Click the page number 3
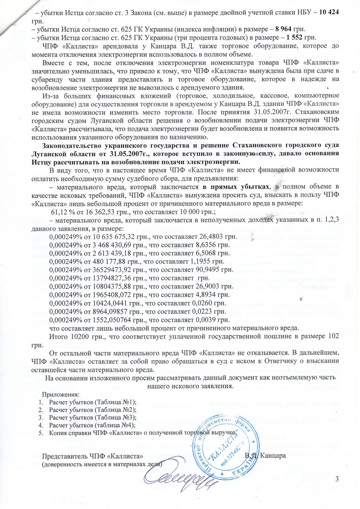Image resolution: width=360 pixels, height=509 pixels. pyautogui.click(x=337, y=479)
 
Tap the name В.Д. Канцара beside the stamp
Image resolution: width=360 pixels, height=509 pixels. pyautogui.click(x=265, y=455)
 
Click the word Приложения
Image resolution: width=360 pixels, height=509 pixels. pyautogui.click(x=61, y=394)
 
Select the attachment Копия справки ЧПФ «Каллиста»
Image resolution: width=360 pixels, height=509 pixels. pyautogui.click(x=142, y=433)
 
